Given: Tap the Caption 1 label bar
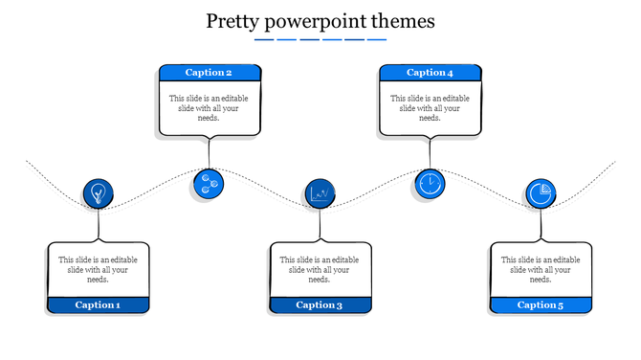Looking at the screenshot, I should (99, 305).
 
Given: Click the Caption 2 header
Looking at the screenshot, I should (209, 73).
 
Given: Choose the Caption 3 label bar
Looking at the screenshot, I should (320, 305).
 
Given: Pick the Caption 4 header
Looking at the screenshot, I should (430, 73).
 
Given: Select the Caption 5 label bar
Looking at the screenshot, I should (541, 305).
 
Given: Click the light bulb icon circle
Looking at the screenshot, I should (98, 194).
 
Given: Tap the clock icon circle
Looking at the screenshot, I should (430, 183).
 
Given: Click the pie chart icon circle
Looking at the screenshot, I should (541, 194).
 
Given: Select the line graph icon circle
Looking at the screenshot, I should (320, 194).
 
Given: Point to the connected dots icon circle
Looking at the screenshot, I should (208, 183).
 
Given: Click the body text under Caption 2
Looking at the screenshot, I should (209, 108).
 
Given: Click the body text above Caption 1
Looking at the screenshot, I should (99, 269).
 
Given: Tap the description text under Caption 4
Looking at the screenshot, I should (430, 108).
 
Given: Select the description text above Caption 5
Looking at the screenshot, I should (541, 269).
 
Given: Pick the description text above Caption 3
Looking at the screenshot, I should (320, 269).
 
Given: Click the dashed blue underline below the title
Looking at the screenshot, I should (320, 40).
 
